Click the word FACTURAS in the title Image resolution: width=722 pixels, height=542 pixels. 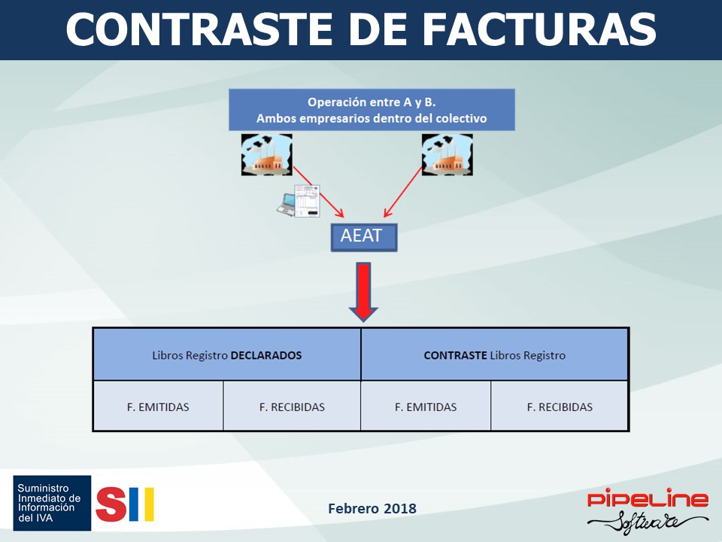tap(539, 29)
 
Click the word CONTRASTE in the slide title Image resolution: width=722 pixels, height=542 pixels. tap(199, 29)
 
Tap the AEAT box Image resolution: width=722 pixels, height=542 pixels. tap(364, 237)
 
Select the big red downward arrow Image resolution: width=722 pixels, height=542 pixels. tap(363, 292)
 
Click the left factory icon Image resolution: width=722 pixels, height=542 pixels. tap(266, 155)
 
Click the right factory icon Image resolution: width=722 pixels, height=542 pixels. tap(447, 155)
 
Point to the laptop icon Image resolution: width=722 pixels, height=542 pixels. tap(287, 206)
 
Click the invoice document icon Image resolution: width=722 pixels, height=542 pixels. tap(307, 201)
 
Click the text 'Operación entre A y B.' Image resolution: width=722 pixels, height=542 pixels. tap(372, 102)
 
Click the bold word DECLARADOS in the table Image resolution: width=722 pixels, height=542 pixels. tap(266, 355)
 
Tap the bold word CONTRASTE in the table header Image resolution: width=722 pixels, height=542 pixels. tap(456, 355)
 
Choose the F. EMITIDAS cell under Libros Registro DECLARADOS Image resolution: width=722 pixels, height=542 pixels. tap(158, 406)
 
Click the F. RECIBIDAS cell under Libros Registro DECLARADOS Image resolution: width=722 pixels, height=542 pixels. tap(292, 406)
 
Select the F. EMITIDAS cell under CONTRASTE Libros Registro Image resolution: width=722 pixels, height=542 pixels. tap(426, 406)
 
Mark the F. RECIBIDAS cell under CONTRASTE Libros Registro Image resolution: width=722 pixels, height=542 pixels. tap(560, 406)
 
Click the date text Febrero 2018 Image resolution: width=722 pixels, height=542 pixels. tap(372, 508)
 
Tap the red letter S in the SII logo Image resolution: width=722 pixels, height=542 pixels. tap(111, 504)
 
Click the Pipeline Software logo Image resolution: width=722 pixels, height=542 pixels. tap(648, 510)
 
